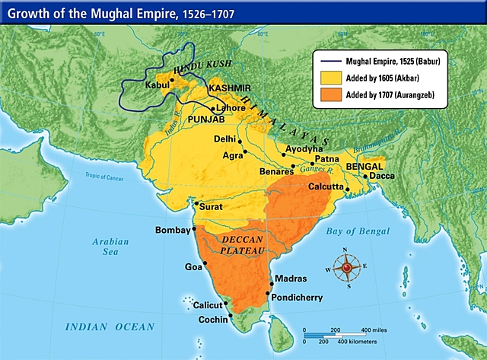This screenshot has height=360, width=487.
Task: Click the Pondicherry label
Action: point(300,298)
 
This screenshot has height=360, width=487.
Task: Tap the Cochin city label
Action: point(213,320)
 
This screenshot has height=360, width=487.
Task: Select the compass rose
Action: point(349,267)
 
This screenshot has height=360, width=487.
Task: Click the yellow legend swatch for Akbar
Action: point(330,77)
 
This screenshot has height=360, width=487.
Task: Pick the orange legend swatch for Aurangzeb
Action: point(330,94)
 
